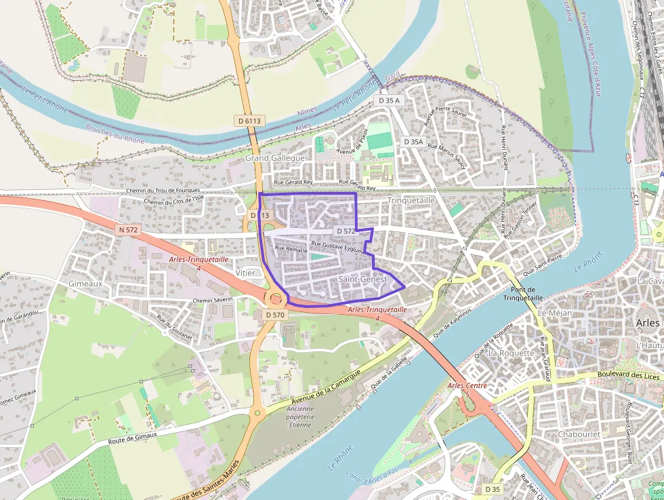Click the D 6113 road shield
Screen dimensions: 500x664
tap(250, 121)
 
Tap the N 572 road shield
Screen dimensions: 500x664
tap(127, 230)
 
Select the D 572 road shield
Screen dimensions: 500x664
tap(346, 231)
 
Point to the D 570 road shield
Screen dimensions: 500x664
tap(275, 315)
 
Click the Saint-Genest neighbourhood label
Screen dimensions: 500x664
tap(362, 280)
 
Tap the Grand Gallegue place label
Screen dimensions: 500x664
tap(275, 157)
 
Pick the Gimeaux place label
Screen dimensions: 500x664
tap(85, 284)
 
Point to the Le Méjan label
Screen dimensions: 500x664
tap(555, 313)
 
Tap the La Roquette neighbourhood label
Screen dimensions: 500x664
tap(511, 353)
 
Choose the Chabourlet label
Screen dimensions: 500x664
tap(580, 434)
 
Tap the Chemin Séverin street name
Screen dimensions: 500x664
tap(212, 300)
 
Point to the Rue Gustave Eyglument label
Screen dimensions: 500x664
tap(341, 247)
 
